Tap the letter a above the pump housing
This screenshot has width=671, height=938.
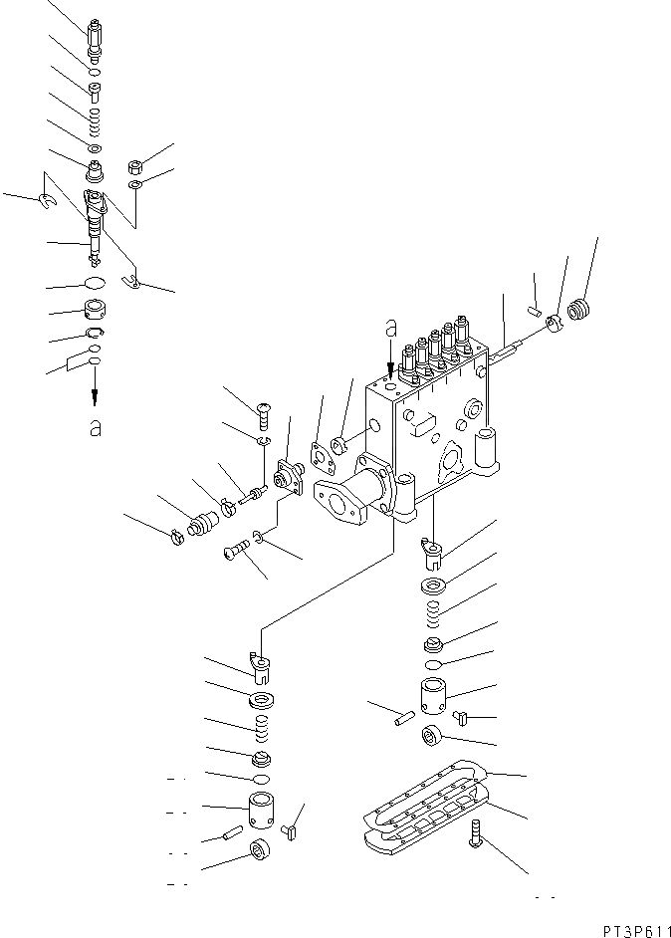tap(391, 326)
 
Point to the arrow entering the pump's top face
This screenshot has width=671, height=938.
tap(391, 359)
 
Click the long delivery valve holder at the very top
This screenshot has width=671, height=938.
tap(97, 39)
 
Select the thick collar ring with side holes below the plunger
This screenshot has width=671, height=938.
tap(96, 311)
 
